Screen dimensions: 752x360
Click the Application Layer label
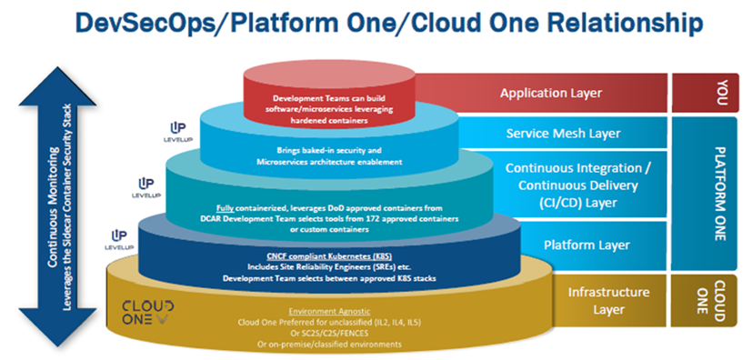click(550, 93)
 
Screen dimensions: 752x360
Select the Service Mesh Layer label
click(563, 133)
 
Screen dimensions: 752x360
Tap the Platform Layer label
click(587, 245)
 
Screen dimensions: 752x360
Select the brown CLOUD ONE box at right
click(705, 301)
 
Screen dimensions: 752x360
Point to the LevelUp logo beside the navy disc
click(119, 240)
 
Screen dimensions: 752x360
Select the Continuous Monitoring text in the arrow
click(54, 207)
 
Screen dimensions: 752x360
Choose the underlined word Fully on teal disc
click(225, 208)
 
